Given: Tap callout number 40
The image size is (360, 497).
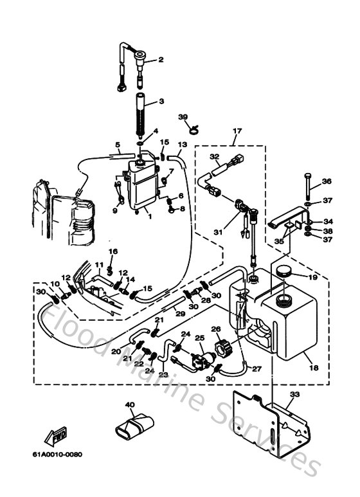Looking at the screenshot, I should pos(129,404).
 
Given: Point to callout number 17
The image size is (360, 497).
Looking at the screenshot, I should pos(237,131).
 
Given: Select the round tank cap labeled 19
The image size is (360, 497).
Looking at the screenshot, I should pos(282,272).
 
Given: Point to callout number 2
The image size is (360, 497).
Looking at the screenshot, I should pos(161,60).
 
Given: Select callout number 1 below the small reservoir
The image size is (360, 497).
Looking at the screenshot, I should pos(150,217).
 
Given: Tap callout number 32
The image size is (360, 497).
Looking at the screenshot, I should pos(214,156).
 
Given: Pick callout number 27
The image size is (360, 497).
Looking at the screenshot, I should pos(257,368).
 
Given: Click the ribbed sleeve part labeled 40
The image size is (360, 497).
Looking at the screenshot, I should pos(135,425).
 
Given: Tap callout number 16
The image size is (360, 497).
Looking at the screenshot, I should pos(113,251).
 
